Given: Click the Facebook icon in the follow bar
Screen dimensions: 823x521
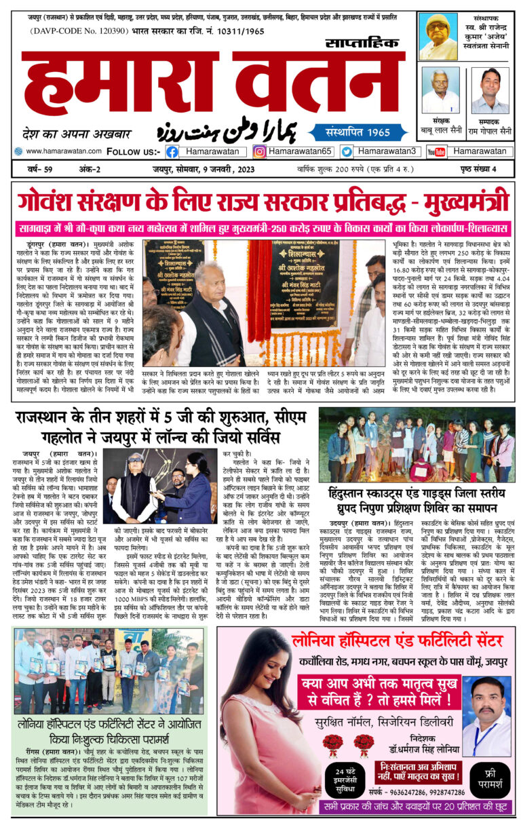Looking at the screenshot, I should [172, 152].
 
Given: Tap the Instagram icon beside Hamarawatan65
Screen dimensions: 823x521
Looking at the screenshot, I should [259, 152].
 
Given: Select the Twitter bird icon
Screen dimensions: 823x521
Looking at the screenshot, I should [346, 152].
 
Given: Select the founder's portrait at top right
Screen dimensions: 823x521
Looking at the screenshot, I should [438, 37].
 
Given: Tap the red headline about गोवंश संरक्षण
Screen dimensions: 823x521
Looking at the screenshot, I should [261, 202].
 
